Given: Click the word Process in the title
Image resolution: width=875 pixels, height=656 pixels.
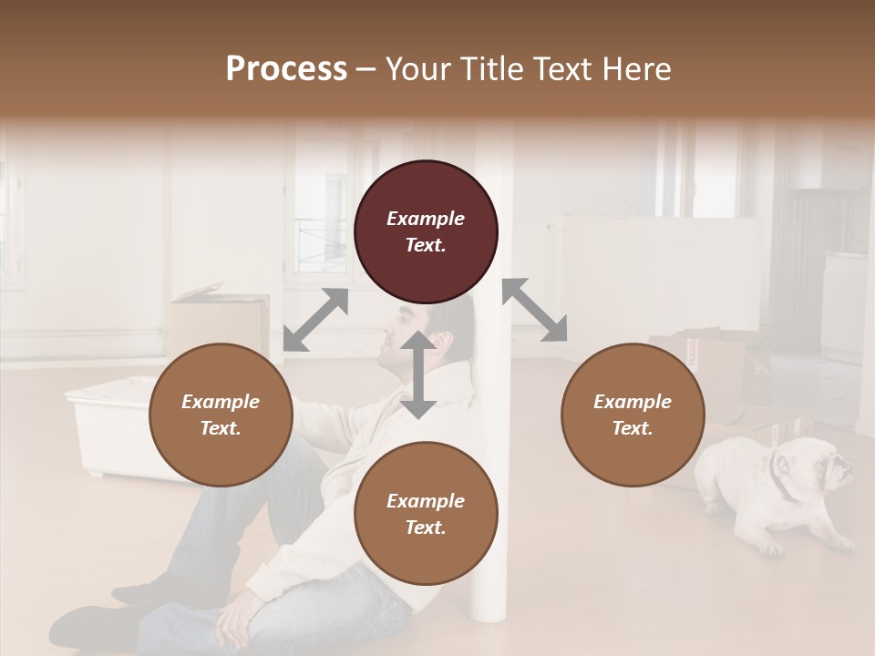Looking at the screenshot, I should coord(286,69).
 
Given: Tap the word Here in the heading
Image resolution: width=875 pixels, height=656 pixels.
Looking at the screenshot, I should coord(638,69).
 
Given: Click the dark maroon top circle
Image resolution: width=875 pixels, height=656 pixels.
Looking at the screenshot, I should coord(426,232).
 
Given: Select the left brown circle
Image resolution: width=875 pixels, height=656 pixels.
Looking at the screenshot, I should coord(221,415).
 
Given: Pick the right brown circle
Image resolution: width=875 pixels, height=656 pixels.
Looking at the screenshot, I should coord(633,415).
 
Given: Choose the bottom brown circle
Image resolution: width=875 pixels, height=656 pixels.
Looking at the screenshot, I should coord(426,514).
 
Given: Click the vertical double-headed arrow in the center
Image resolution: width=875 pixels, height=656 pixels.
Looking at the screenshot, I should coord(418,374).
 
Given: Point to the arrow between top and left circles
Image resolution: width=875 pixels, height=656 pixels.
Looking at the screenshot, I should coord(315,320).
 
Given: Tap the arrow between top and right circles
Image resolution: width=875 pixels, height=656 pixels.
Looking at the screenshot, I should coord(534,310).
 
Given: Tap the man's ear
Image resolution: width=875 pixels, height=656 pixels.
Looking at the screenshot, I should coord(443,341).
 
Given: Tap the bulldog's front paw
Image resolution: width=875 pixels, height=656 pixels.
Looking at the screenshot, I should coord(771,548).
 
